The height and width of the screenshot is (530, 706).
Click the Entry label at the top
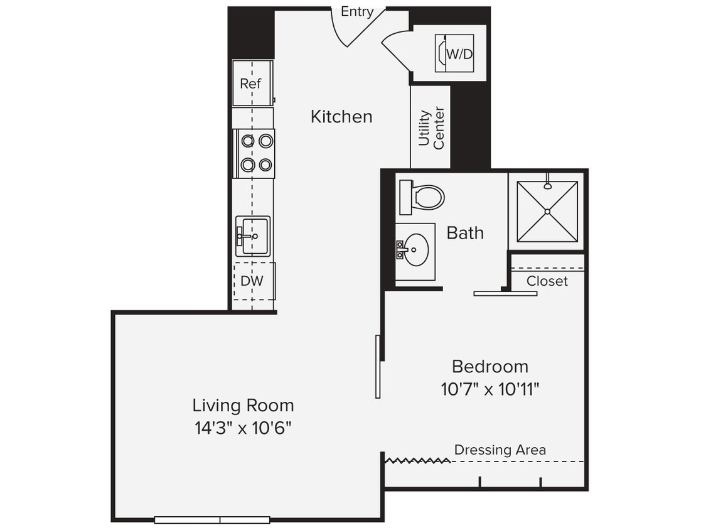[356, 11]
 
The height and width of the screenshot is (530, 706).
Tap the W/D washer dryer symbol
[454, 53]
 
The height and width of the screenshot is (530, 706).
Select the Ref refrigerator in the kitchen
[252, 83]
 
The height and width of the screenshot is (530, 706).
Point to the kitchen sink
[252, 236]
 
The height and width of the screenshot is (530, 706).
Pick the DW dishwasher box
[253, 281]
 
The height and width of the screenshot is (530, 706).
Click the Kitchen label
[341, 116]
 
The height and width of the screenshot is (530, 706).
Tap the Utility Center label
[431, 127]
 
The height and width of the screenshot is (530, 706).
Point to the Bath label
[465, 233]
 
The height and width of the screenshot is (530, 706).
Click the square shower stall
[547, 211]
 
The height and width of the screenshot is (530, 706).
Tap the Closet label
[547, 281]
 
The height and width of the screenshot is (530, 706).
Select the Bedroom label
[489, 366]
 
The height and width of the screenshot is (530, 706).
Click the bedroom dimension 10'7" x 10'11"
[489, 389]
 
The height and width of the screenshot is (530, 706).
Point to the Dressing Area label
[500, 450]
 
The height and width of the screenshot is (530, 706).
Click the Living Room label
[243, 405]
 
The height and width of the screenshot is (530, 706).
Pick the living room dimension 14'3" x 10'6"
[243, 428]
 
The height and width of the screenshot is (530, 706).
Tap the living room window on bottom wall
[212, 519]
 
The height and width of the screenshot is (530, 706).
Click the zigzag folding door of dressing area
[417, 461]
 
